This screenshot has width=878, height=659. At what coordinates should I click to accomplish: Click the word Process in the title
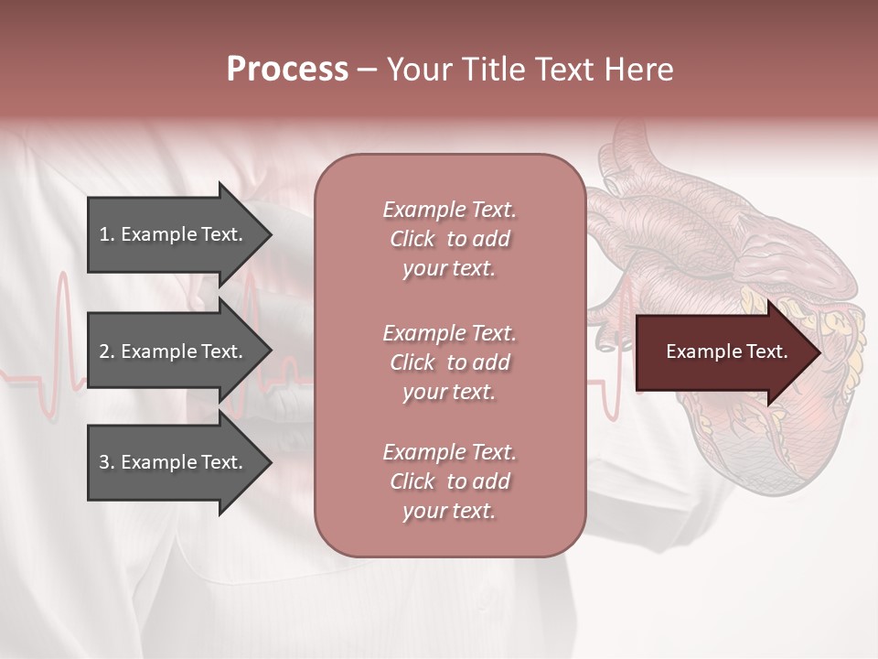(x=287, y=70)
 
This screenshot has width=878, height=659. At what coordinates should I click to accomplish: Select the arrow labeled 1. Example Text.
(x=174, y=234)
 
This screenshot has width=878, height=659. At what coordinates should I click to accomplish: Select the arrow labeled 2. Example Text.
(x=174, y=351)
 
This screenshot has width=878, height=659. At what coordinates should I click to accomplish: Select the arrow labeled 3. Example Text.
(x=174, y=462)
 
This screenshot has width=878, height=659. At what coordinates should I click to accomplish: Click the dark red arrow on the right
(x=723, y=352)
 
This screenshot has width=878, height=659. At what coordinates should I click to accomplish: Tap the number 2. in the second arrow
(x=106, y=351)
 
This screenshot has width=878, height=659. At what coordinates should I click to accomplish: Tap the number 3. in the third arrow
(x=106, y=462)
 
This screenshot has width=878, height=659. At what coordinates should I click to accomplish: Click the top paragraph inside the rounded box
(x=449, y=239)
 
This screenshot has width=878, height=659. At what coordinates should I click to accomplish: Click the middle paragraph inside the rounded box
(x=449, y=362)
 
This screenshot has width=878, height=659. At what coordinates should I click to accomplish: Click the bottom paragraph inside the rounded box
(x=449, y=481)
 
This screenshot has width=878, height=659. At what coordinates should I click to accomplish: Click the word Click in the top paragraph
(x=412, y=239)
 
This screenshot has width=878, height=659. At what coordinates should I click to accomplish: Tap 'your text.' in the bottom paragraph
(x=449, y=511)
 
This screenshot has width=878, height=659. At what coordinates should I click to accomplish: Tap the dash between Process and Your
(x=367, y=70)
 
